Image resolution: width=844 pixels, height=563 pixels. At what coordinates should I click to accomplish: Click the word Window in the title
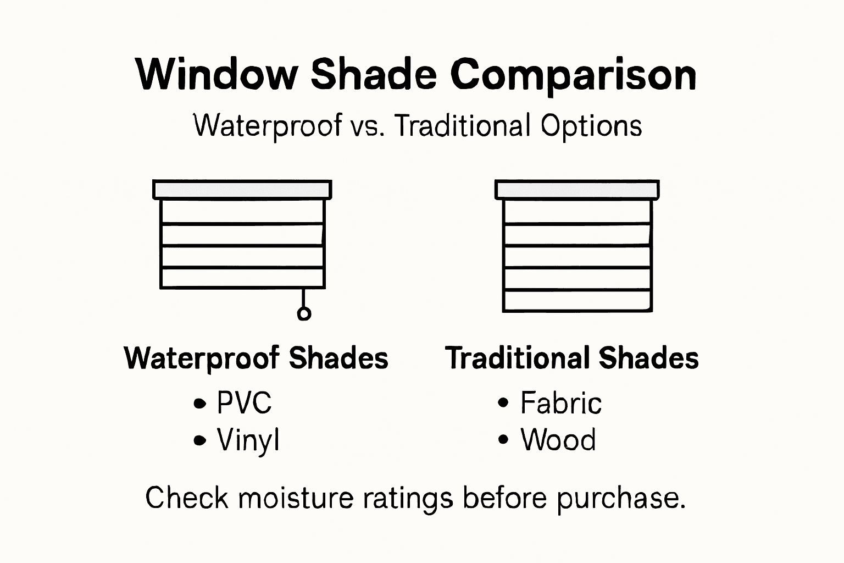click(x=216, y=74)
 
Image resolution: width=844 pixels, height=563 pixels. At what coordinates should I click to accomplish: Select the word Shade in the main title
click(x=374, y=74)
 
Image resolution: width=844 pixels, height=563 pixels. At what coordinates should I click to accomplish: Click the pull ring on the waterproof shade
click(x=303, y=313)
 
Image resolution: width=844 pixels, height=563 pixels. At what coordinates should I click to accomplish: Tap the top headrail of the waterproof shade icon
click(x=242, y=189)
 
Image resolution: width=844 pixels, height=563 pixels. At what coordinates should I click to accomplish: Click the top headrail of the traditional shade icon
click(x=577, y=189)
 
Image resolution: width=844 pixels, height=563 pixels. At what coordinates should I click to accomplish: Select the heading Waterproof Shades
click(x=256, y=358)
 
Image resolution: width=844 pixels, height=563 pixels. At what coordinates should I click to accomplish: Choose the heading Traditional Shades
click(x=571, y=358)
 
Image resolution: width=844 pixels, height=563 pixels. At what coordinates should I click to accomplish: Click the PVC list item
click(x=244, y=403)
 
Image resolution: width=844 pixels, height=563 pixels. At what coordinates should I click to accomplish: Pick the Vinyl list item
click(x=248, y=440)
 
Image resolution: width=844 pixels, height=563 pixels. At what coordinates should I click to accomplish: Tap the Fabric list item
click(x=560, y=403)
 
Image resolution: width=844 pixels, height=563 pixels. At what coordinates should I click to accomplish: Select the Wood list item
click(x=558, y=440)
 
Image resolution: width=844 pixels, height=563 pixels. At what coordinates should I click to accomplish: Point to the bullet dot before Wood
click(x=503, y=440)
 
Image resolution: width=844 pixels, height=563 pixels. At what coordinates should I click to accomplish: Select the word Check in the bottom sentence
click(x=187, y=498)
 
